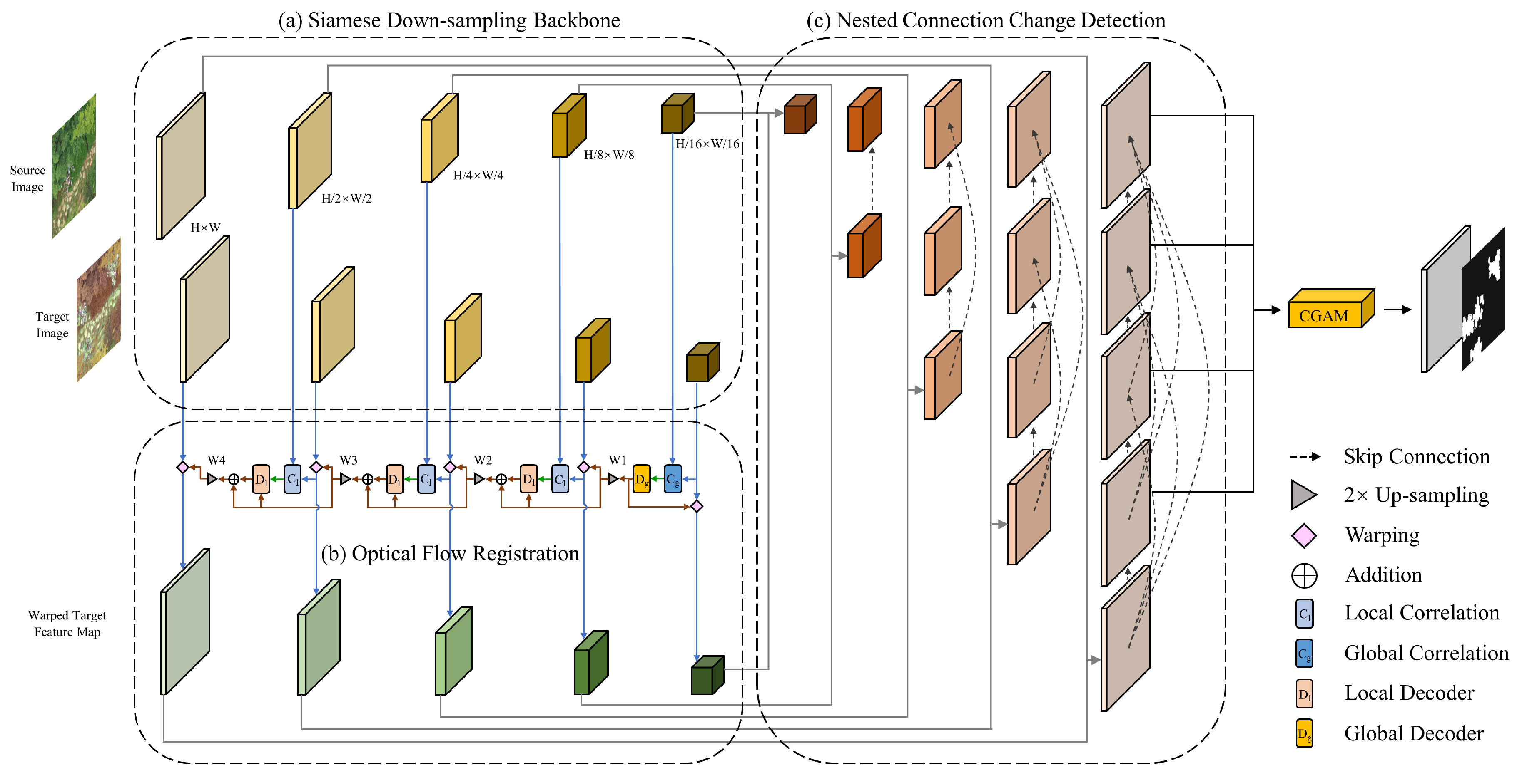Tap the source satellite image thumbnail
pos(74,166)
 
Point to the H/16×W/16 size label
pos(707,144)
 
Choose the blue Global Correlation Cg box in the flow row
pos(673,479)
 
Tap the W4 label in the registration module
pos(216,460)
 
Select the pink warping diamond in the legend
pos(1303,535)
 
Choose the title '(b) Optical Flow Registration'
pos(450,554)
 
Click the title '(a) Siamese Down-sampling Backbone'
pos(449,21)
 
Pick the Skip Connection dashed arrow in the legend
pos(1305,456)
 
